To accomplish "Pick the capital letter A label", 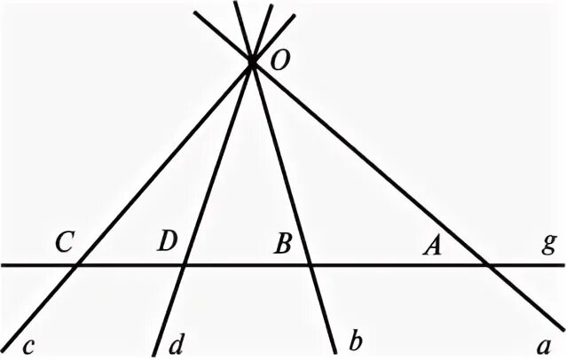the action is [x=432, y=247].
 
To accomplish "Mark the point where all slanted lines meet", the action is [x=252, y=62].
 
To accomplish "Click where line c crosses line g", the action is [x=79, y=264].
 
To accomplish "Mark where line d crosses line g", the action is [x=185, y=264].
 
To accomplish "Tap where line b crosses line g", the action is [x=310, y=264].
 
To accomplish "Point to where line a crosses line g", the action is [x=485, y=264].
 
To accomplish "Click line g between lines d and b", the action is [x=247, y=264].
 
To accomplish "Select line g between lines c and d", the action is [x=131, y=264].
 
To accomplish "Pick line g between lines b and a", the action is [x=397, y=264].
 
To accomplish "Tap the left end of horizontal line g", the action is [x=3, y=264].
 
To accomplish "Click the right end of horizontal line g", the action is [x=562, y=264].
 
